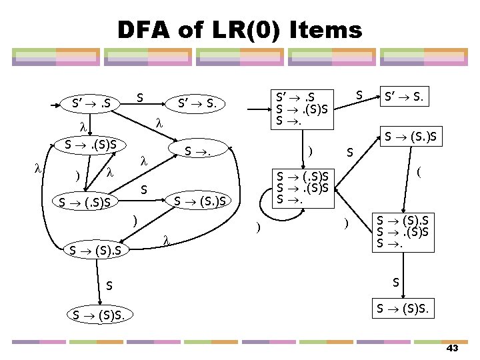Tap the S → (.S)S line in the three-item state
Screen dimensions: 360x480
coord(304,177)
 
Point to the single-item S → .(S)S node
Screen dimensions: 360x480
coord(91,145)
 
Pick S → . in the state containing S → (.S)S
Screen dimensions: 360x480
coord(290,199)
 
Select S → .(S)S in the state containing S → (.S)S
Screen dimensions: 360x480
coord(304,188)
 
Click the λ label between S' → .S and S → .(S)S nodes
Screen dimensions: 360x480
coord(83,125)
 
